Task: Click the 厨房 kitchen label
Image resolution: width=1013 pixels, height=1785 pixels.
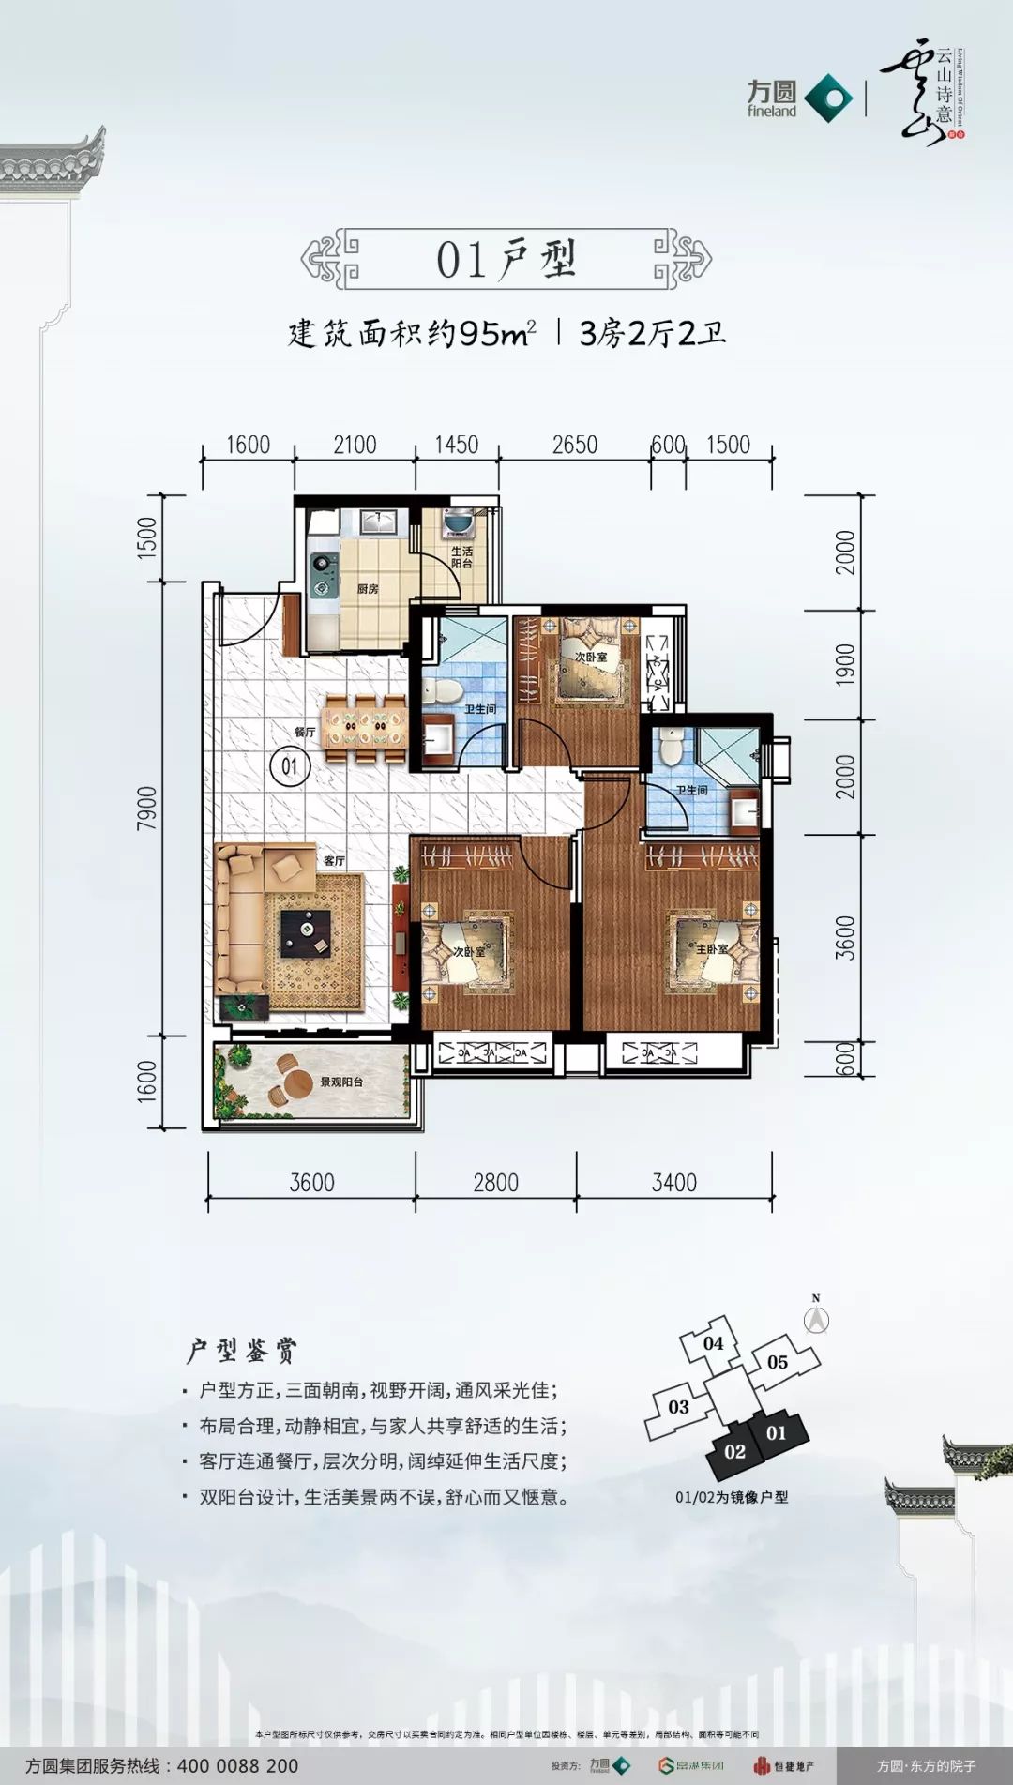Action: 368,589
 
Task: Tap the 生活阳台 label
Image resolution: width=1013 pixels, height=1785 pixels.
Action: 461,557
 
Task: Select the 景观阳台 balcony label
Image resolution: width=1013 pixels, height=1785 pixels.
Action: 341,1082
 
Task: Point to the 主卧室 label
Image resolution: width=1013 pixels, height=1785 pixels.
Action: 712,949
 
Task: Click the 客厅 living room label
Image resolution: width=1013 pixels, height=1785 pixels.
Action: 334,860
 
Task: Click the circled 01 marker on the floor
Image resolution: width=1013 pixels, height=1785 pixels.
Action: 290,766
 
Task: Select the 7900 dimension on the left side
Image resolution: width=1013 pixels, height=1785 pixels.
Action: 147,808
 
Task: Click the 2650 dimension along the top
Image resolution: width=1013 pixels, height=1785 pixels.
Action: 574,445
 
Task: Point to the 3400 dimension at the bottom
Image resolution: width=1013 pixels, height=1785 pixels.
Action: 674,1183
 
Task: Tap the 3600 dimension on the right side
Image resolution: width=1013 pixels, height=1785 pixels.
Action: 845,937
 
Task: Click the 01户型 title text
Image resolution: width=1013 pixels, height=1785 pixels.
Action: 506,260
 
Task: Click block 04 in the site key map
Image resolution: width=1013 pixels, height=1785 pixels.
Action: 713,1343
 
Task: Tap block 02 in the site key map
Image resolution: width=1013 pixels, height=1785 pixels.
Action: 734,1452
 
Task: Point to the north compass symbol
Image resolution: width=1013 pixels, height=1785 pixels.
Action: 816,1318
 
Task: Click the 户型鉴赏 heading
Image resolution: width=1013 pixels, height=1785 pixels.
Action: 241,1351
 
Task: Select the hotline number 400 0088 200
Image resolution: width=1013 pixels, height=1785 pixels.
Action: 237,1765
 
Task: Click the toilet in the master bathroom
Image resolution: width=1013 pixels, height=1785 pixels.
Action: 671,748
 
